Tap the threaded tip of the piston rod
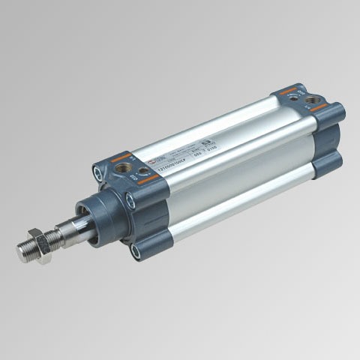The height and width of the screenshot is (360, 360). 25,250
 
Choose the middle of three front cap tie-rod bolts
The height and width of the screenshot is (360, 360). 131,200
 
